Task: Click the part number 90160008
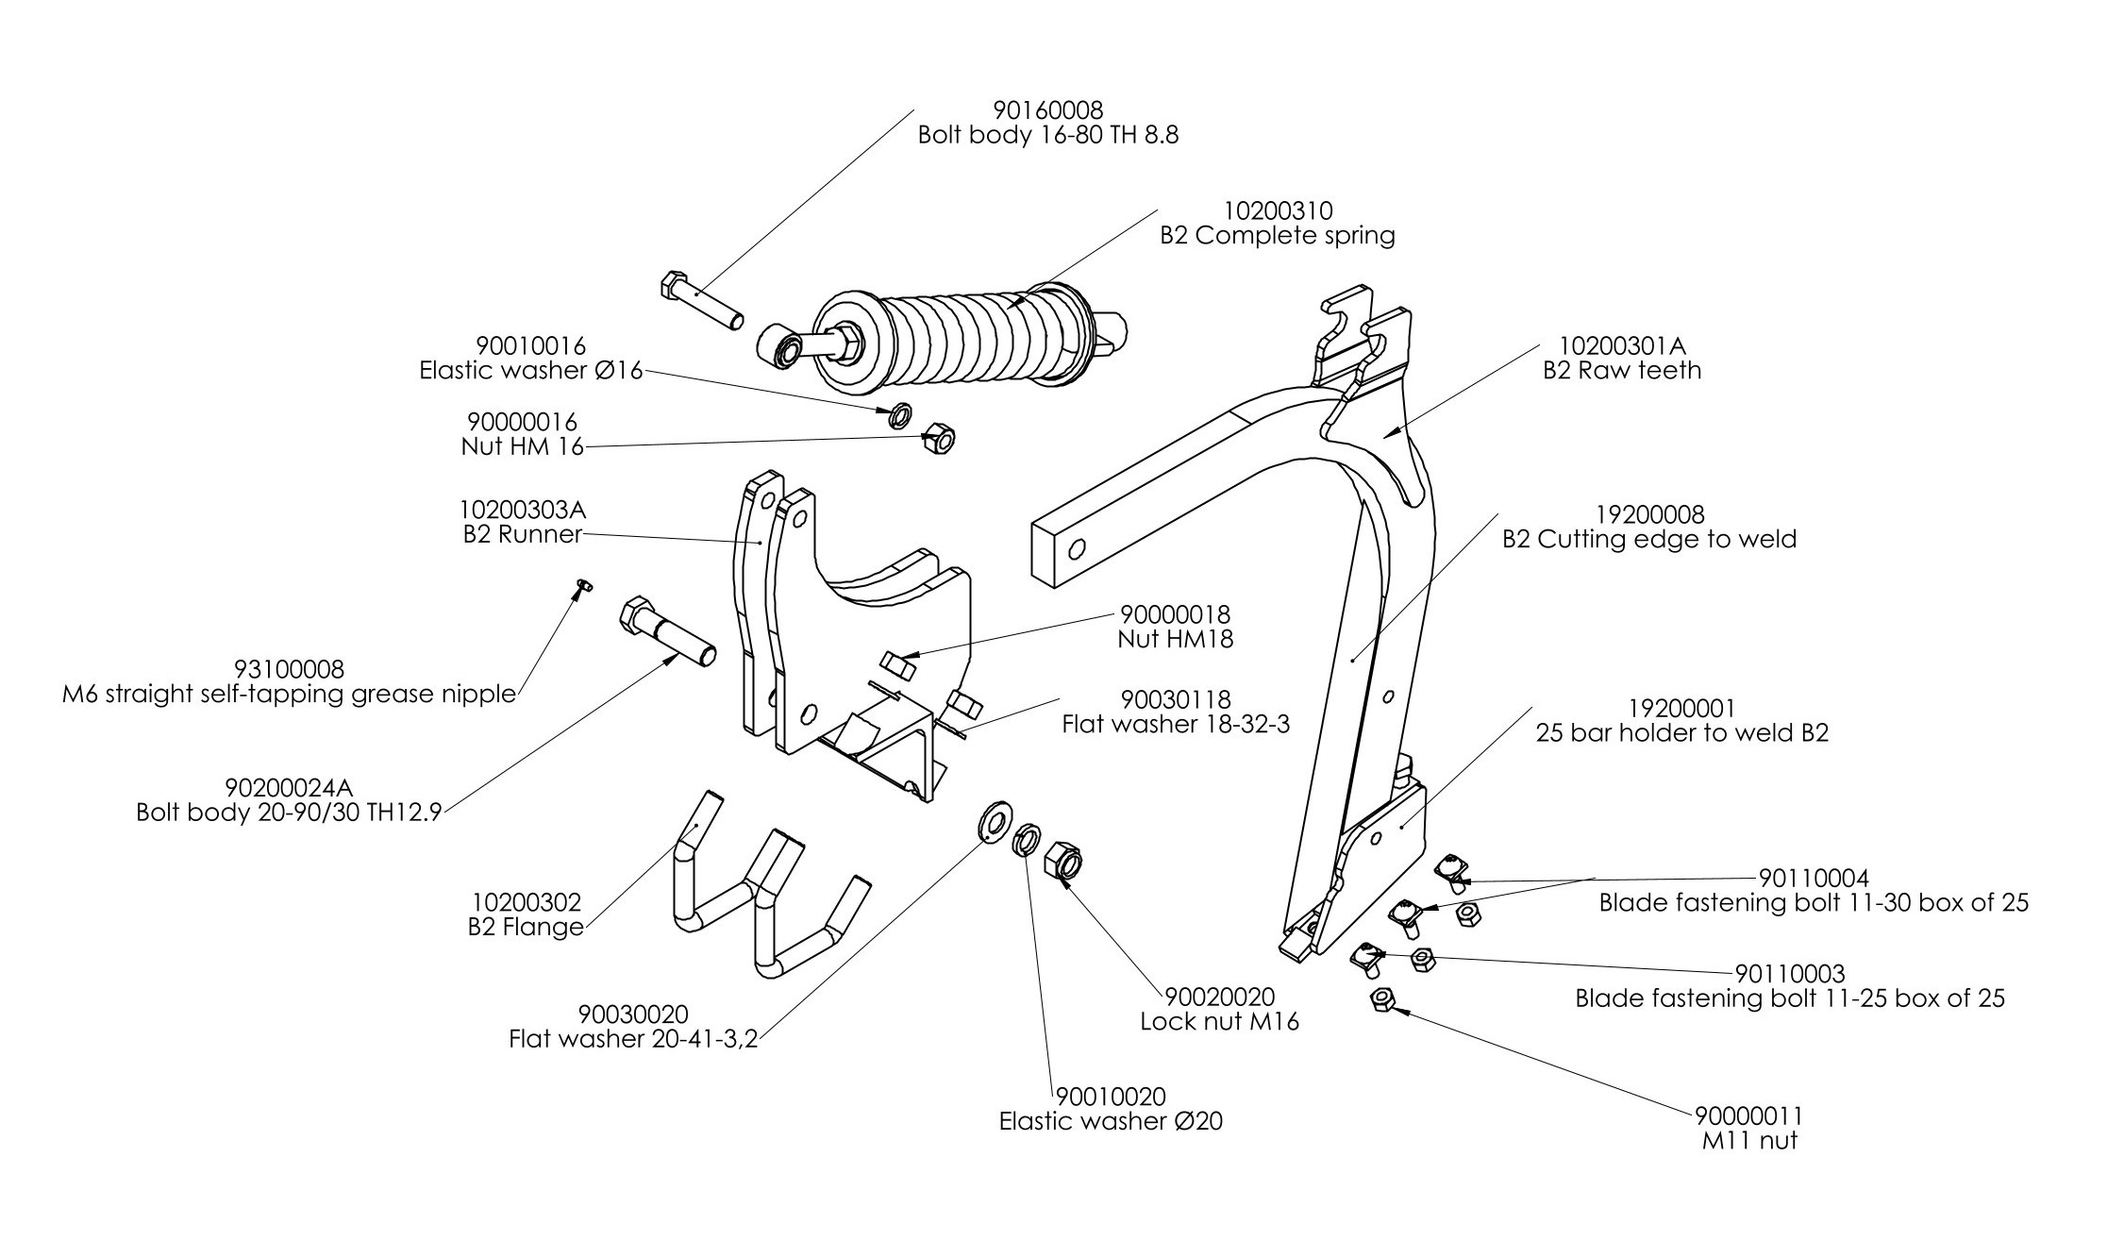pos(1047,111)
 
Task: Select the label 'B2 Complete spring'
pos(1277,235)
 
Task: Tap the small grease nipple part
pos(583,587)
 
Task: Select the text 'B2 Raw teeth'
pos(1621,370)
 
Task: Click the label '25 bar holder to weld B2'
pos(1681,733)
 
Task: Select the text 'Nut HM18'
pos(1175,639)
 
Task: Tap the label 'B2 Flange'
pos(526,927)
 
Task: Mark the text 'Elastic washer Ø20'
pos(1111,1121)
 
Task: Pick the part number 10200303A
pos(524,510)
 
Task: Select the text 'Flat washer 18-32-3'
pos(1175,724)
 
